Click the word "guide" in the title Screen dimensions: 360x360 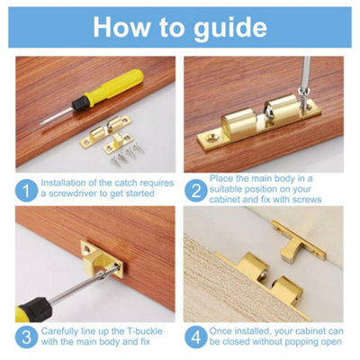[x=228, y=26]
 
